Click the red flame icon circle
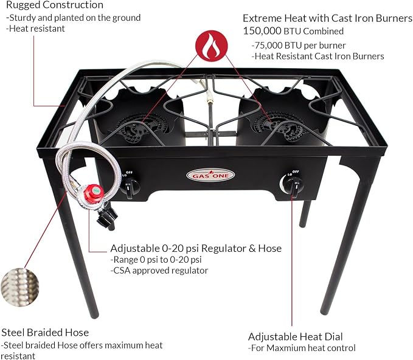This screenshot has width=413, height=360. tap(211, 45)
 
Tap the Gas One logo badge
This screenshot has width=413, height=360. tap(210, 176)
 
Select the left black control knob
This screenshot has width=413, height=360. tap(130, 187)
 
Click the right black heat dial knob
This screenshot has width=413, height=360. tap(294, 186)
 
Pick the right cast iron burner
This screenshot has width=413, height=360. tap(279, 126)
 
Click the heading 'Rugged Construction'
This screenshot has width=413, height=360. tap(55, 5)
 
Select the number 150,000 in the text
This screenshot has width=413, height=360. tap(262, 31)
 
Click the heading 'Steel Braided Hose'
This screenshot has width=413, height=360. tap(45, 333)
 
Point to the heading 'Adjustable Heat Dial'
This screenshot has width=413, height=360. tap(295, 336)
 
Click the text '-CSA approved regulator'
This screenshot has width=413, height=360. tap(159, 271)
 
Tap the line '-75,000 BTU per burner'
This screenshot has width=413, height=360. tap(299, 45)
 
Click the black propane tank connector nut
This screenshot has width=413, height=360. tap(106, 217)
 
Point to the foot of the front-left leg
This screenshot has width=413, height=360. tap(94, 314)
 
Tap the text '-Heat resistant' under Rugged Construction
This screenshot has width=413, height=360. tap(35, 29)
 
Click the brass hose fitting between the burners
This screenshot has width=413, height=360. tap(210, 99)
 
